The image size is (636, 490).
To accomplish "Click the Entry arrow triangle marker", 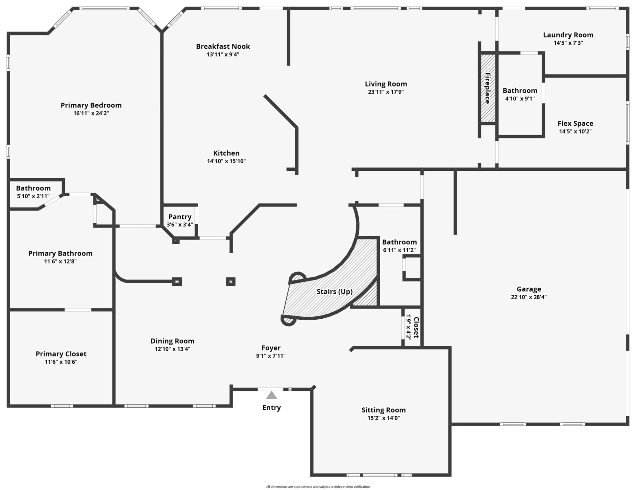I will [x=271, y=396].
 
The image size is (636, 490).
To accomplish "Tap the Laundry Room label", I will [x=568, y=35].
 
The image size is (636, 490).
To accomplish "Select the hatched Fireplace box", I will [x=488, y=88].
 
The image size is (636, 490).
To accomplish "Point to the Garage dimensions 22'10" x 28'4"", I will [x=529, y=297].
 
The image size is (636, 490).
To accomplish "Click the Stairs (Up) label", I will [x=334, y=292].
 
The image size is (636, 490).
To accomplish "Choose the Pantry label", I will [x=180, y=217].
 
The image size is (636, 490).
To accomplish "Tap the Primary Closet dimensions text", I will [x=61, y=362].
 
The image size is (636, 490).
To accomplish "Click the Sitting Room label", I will [x=384, y=410].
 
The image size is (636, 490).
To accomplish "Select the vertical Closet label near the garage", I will [x=416, y=327].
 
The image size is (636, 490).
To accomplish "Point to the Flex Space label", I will [x=575, y=123].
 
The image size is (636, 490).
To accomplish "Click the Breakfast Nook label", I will [x=223, y=47].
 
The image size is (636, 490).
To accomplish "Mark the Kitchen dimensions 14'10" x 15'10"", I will [x=226, y=161].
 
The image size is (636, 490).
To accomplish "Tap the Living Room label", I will [x=386, y=84].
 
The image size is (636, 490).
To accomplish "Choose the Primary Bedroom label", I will [x=91, y=105].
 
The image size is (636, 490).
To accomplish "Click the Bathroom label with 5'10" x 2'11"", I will [x=33, y=188].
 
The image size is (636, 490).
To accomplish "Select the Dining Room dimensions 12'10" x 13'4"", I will [x=172, y=349].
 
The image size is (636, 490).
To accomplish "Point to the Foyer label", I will [x=271, y=348].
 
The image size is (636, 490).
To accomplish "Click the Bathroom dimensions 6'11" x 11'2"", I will [x=399, y=250].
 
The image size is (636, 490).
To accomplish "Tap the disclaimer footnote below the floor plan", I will [x=318, y=487].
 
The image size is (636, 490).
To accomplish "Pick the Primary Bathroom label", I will [x=60, y=254].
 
